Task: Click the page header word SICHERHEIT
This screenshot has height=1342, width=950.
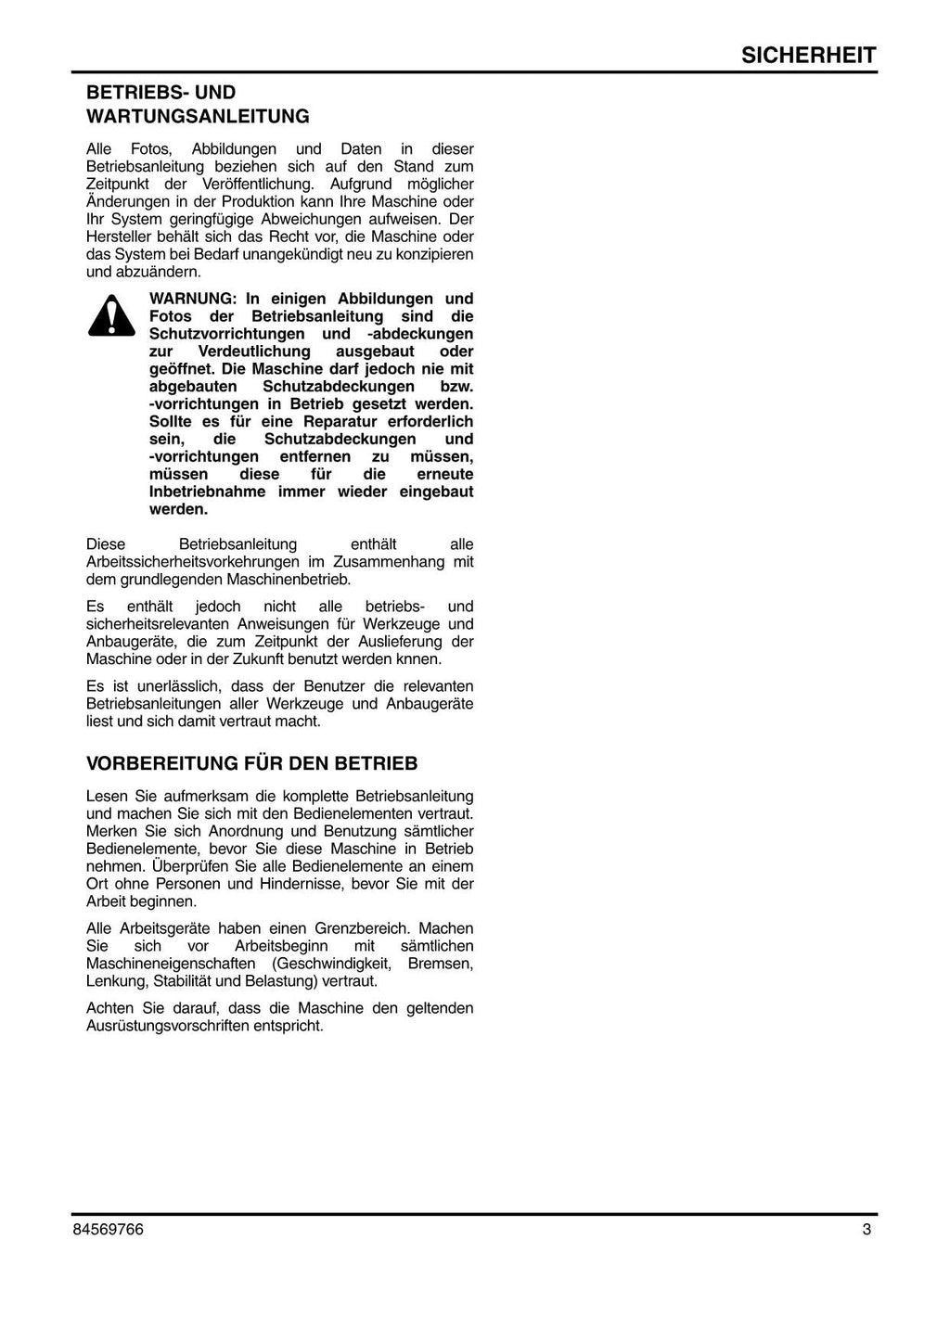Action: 808,55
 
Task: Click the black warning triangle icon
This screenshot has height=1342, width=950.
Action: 111,315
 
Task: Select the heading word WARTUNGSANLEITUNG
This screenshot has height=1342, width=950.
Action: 198,117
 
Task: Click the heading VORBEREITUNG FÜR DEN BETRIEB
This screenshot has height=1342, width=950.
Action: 251,764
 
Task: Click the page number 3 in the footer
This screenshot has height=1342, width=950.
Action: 867,1231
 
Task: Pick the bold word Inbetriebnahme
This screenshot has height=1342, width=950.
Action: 207,492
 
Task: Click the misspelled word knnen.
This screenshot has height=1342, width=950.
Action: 420,660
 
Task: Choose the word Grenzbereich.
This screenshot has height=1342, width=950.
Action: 364,929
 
